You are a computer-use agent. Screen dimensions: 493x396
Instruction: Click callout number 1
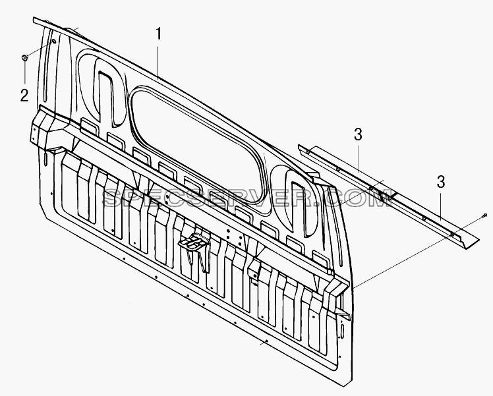[159, 34]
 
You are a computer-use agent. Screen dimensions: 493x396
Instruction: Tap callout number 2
[24, 96]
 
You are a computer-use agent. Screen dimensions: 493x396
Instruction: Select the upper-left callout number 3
[358, 135]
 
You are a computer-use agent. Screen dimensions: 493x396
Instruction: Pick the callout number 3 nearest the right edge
[441, 182]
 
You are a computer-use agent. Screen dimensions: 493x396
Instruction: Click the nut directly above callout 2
[24, 57]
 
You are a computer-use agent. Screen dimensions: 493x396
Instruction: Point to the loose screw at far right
[484, 215]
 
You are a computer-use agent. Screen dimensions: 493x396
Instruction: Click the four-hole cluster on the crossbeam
[233, 237]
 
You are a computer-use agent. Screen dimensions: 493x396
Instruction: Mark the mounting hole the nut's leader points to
[53, 42]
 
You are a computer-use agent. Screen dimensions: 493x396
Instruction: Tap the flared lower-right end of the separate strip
[469, 241]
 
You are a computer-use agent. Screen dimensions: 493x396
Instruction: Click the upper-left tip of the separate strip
[299, 146]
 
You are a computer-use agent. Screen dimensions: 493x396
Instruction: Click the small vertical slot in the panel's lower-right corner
[342, 332]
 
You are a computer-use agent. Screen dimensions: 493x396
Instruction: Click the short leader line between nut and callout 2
[24, 72]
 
